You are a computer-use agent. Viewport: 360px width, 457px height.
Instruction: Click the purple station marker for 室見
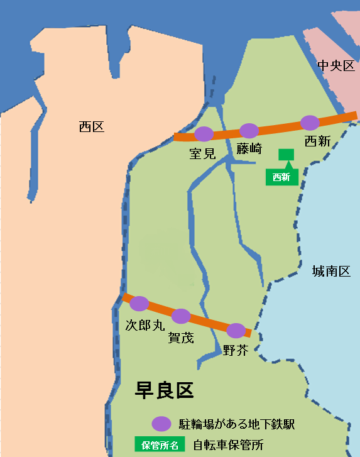pos(204,133)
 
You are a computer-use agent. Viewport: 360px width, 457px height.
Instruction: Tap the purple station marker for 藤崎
pos(249,130)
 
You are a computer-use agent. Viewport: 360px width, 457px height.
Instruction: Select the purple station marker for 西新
pos(310,123)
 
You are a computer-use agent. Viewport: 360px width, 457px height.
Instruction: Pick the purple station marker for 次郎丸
pos(139,304)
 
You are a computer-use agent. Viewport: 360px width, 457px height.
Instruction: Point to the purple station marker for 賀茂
pos(181,316)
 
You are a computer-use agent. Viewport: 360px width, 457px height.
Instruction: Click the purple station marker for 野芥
pos(236,330)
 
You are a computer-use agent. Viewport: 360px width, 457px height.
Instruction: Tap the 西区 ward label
pos(92,127)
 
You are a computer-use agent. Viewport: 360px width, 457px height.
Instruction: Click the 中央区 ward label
pos(336,66)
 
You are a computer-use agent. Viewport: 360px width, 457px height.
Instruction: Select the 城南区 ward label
pos(331,272)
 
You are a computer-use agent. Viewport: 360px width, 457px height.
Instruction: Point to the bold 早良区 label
pos(164,390)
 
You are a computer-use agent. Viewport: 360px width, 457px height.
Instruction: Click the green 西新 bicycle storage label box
pos(281,177)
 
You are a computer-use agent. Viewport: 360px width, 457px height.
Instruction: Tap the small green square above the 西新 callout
pos(286,155)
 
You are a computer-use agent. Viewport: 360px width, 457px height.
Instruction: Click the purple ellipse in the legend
pos(161,423)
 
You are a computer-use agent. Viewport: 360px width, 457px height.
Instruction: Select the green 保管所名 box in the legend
pos(160,444)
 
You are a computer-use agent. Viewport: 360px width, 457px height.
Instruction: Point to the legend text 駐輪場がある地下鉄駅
pos(237,424)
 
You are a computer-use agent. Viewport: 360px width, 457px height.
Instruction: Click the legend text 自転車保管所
pos(228,444)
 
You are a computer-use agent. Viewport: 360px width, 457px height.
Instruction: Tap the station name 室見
pos(202,153)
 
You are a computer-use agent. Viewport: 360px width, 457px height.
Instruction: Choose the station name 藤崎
pos(249,149)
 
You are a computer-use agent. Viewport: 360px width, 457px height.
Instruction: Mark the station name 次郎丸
pos(145,324)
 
